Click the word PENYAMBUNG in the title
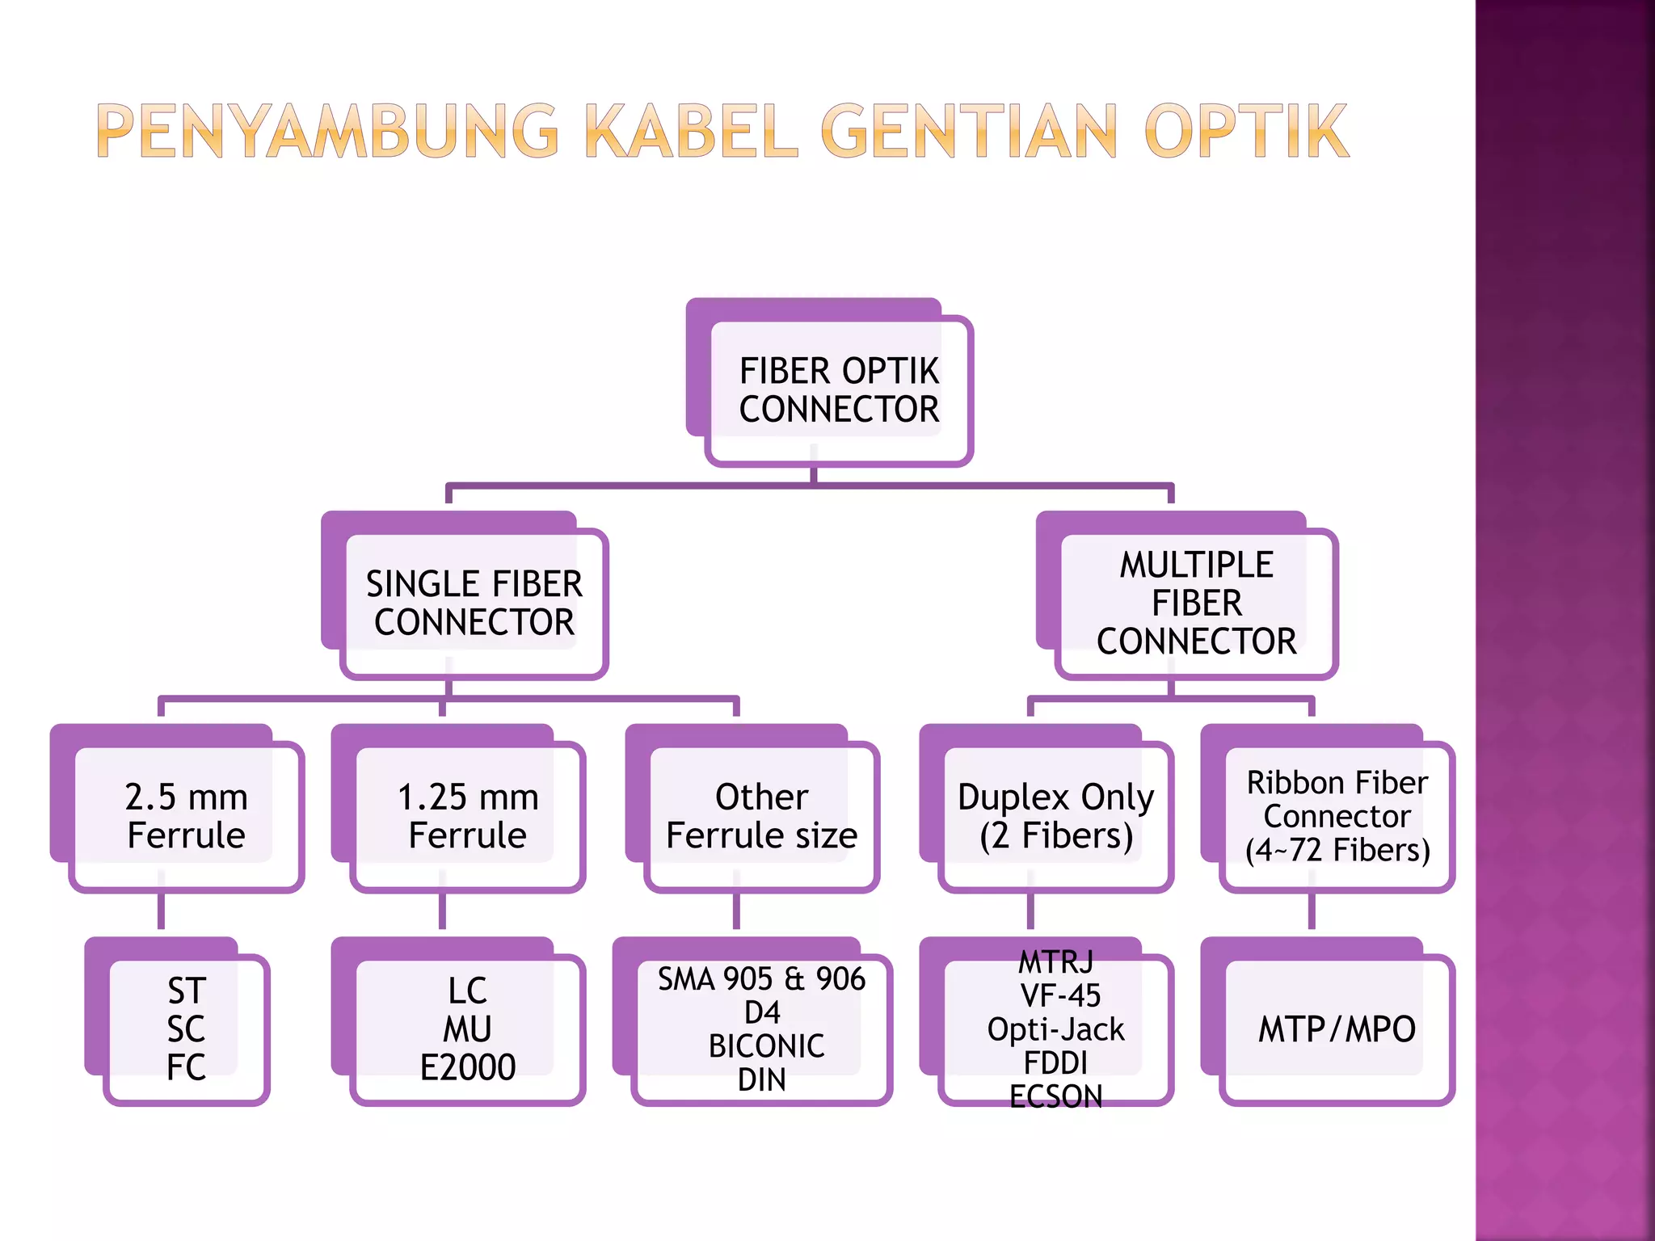pos(327,131)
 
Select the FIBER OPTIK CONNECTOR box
pos(839,390)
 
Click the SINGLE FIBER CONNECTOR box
pos(474,604)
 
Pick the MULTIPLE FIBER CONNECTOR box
pos(1196,603)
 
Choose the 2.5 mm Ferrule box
pos(186,816)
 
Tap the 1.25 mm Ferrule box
pos(467,816)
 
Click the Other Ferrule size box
pos(761,816)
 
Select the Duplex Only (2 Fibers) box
pos(1055,816)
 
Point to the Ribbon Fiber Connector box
pos(1337,816)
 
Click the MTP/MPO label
pos(1337,1029)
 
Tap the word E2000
pos(467,1067)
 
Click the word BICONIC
pos(766,1046)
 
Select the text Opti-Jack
pos(1055,1029)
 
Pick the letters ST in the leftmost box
pos(187,991)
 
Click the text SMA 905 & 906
pos(761,979)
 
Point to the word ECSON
pos(1055,1096)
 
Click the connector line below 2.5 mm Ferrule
pos(162,911)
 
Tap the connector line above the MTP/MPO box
pos(1312,911)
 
